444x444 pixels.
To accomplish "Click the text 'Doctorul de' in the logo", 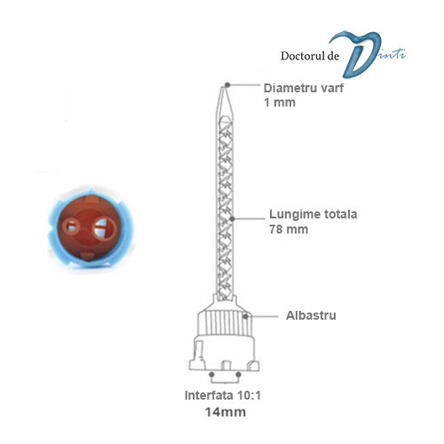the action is pyautogui.click(x=310, y=56).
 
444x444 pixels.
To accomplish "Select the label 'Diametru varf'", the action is pyautogui.click(x=304, y=88).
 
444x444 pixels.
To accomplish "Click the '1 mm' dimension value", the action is pyautogui.click(x=280, y=102).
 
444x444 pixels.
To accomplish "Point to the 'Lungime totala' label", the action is pyautogui.click(x=313, y=214).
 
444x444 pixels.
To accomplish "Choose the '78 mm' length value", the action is pyautogui.click(x=289, y=229).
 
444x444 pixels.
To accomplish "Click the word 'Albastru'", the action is pyautogui.click(x=311, y=315).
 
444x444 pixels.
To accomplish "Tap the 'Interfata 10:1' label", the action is pyautogui.click(x=223, y=395).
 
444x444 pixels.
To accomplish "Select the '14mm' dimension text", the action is pyautogui.click(x=226, y=412).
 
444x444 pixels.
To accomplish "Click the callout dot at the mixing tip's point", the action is pyautogui.click(x=227, y=85).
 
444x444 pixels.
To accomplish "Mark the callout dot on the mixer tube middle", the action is pyautogui.click(x=233, y=218).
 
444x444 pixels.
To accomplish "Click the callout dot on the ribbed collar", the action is pyautogui.click(x=245, y=316).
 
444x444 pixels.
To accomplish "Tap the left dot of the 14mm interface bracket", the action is pyautogui.click(x=211, y=375).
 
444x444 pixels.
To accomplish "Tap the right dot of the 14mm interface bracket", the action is pyautogui.click(x=239, y=375).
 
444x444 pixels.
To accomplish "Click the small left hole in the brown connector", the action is pyautogui.click(x=71, y=227).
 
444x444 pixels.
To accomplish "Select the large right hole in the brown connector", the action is pyautogui.click(x=103, y=228).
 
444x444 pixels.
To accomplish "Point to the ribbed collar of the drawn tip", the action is pyautogui.click(x=225, y=323).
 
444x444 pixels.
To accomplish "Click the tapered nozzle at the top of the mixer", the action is pyautogui.click(x=224, y=100).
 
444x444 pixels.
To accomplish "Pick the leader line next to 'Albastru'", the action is pyautogui.click(x=263, y=316).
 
